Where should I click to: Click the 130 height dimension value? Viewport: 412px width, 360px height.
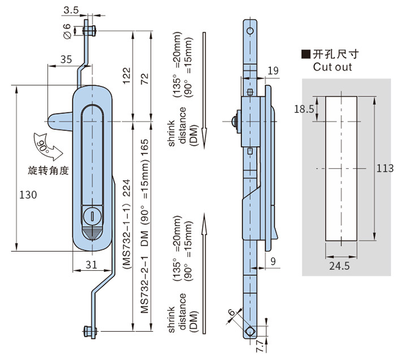[x=28, y=195]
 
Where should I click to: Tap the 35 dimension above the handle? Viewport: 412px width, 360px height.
[x=65, y=59]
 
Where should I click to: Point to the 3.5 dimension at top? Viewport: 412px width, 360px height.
[x=71, y=10]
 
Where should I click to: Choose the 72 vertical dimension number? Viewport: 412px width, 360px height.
[x=146, y=79]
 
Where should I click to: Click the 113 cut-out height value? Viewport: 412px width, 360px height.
[x=385, y=168]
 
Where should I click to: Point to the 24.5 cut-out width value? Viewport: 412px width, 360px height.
[x=340, y=264]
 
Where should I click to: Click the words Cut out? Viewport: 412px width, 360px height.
[x=332, y=67]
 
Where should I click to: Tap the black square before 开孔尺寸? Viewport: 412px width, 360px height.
[x=305, y=55]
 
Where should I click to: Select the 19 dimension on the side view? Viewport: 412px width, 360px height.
[x=273, y=71]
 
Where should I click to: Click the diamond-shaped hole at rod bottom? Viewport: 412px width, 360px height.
[x=249, y=331]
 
